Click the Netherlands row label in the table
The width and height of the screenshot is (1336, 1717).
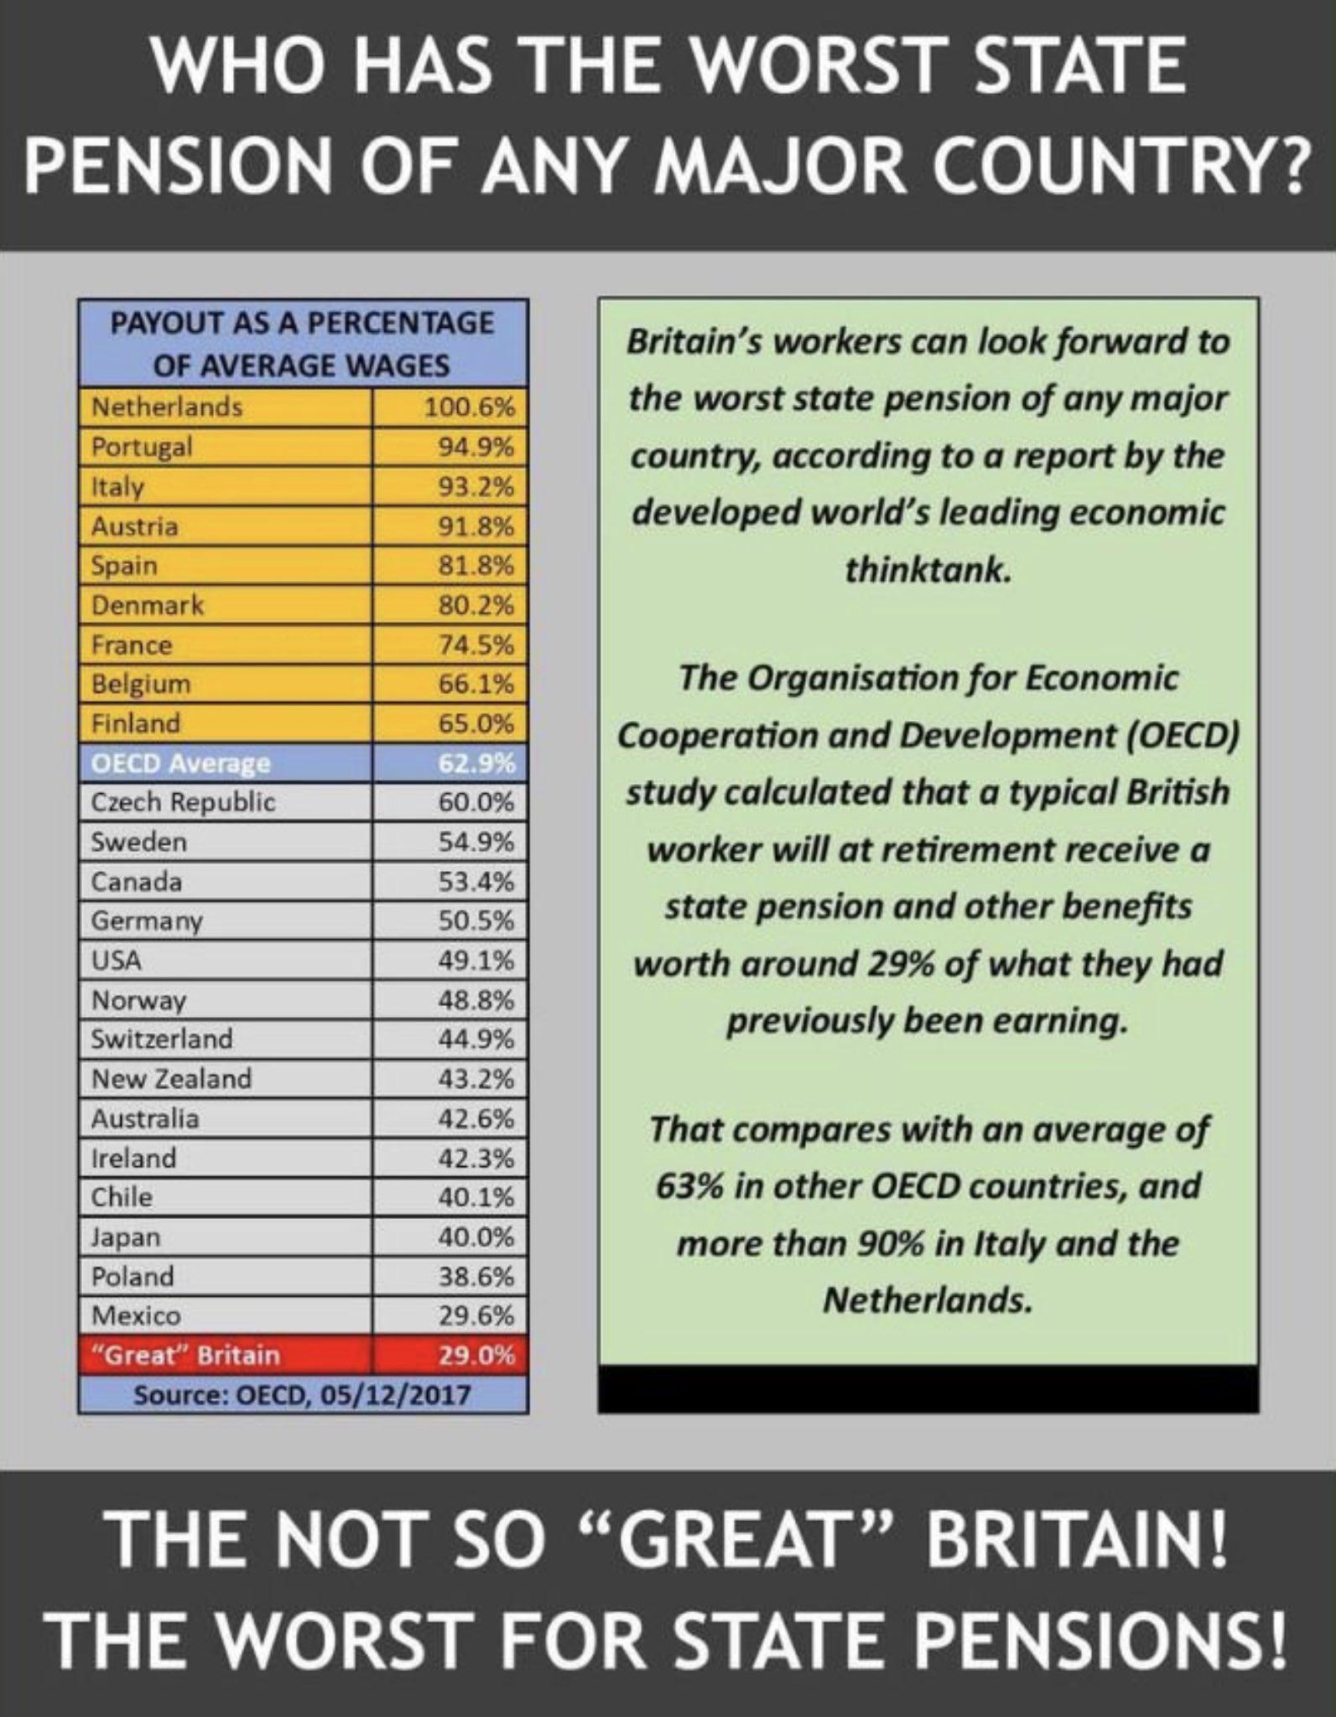coord(166,407)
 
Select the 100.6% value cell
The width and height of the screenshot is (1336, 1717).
coord(468,408)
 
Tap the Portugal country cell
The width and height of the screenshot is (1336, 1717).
coord(142,447)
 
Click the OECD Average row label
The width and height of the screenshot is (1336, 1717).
coord(180,764)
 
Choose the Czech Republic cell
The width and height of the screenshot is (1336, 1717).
coord(183,802)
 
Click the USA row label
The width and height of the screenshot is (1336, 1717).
coord(117,960)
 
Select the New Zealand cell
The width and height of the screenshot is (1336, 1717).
coord(171,1078)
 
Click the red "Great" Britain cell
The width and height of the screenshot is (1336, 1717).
coord(185,1356)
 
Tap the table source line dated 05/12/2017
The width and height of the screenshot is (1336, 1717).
coord(302,1396)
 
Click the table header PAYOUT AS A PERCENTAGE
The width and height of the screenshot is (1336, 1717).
coord(302,324)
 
